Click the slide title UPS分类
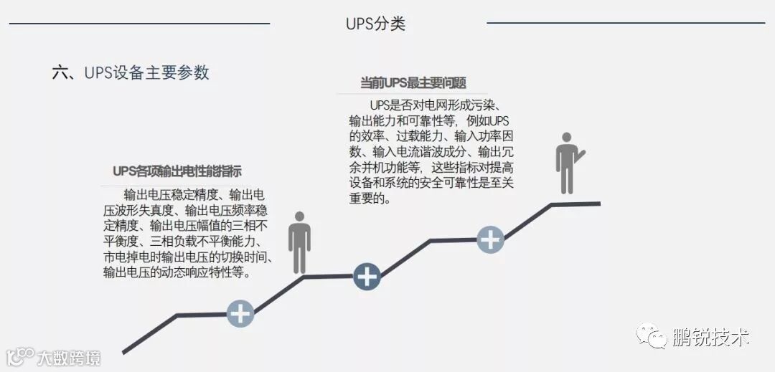tap(375, 24)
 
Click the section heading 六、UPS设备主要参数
tap(131, 72)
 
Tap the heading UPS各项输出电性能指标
tap(177, 171)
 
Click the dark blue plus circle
tap(367, 276)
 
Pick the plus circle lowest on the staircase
tap(240, 313)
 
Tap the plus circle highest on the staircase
tap(490, 239)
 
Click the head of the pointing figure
tap(567, 138)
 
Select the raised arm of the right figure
tap(579, 153)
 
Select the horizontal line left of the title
tap(139, 24)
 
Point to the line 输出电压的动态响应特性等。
tap(177, 273)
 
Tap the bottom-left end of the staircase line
tap(125, 352)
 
